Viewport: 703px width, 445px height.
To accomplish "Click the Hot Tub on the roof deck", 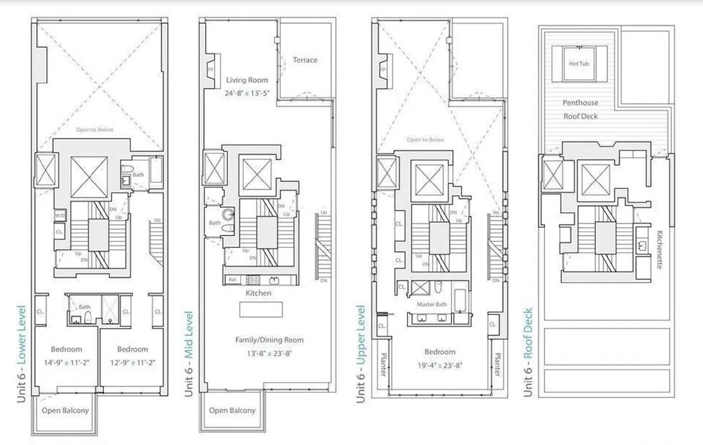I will point(579,64).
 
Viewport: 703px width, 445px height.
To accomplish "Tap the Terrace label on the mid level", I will point(305,60).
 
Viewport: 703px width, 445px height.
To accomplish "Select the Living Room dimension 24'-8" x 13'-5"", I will point(248,93).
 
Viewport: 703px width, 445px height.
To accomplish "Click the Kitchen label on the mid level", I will point(259,293).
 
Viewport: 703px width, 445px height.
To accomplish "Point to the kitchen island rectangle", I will point(260,309).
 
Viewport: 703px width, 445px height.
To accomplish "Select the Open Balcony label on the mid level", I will point(232,411).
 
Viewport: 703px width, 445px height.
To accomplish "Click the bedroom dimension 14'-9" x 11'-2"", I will point(67,362).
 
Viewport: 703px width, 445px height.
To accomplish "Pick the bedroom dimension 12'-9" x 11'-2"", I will point(132,362).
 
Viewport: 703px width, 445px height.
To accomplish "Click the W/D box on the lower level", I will point(60,215).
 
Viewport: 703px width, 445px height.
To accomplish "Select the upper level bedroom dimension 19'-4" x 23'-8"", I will point(440,365).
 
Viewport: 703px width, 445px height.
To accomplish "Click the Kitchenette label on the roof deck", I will point(660,250).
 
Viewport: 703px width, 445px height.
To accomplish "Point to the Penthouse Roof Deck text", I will point(581,110).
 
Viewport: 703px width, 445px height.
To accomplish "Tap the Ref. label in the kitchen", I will point(232,280).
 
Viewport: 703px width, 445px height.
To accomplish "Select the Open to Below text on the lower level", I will point(95,130).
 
